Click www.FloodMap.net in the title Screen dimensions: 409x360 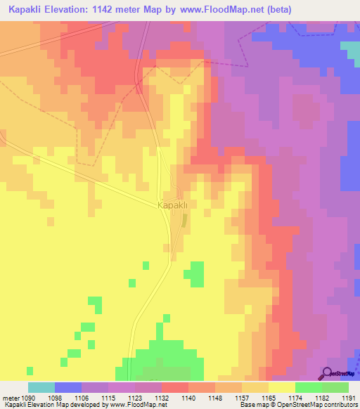[219, 10]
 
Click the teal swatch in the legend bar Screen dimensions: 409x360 [41, 387]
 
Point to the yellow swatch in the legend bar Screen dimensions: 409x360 [281, 387]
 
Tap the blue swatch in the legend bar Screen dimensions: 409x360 [68, 387]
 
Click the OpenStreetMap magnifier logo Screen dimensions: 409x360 [328, 373]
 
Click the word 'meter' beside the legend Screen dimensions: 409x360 [10, 398]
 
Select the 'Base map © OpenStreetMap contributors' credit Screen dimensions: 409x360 [297, 405]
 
